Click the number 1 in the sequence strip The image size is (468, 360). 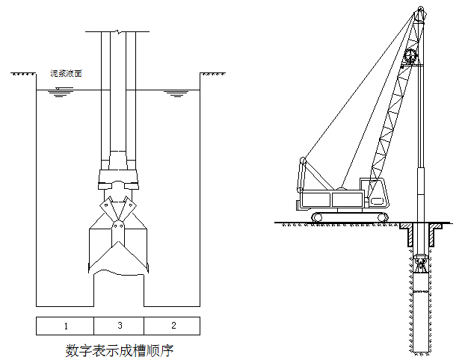tap(66, 326)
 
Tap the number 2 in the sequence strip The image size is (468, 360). tap(173, 326)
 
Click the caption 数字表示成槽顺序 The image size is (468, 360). tap(118, 349)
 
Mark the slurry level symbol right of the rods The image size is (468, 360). tap(175, 94)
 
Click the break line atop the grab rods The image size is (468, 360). tap(118, 32)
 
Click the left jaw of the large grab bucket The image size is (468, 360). tap(101, 250)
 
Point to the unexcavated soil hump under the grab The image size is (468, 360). tap(118, 288)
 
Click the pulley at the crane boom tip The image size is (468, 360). tap(420, 13)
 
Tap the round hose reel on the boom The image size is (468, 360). tap(410, 58)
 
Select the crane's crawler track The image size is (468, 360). tap(351, 217)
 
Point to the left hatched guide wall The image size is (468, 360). tap(407, 235)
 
